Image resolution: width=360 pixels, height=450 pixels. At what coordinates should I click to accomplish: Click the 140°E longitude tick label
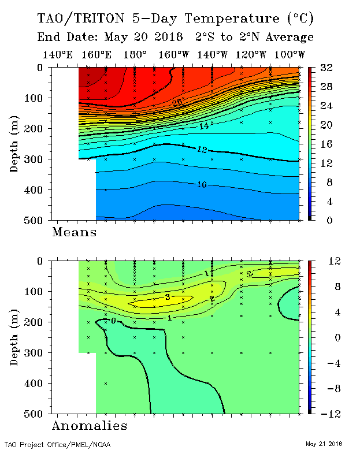point(58,55)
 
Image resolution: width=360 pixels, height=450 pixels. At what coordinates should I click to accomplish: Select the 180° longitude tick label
point(136,55)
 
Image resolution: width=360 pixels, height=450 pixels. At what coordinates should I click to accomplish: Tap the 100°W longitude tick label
point(290,55)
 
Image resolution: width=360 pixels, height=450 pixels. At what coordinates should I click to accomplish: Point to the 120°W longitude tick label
point(251,55)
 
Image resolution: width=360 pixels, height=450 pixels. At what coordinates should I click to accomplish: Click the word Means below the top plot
point(74,232)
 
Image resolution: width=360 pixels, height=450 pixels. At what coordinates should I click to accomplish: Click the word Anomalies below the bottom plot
point(89,426)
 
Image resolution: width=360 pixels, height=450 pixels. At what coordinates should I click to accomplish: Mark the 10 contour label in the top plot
point(202,184)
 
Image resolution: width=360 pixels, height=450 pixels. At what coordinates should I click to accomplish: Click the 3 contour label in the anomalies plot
point(166,297)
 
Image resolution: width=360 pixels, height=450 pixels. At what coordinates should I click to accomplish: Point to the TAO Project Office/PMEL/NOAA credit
point(57,444)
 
